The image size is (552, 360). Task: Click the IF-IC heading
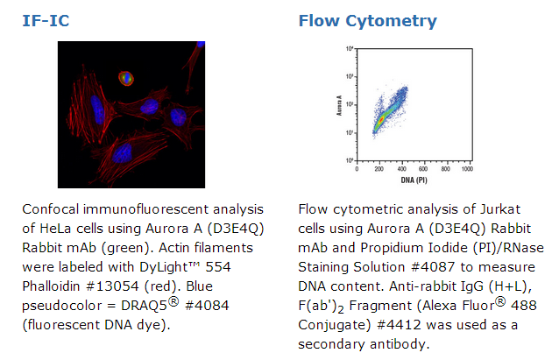pos(46,21)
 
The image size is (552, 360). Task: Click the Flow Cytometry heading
pos(367,21)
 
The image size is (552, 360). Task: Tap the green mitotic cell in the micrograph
pos(126,79)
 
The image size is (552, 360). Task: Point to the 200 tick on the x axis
pos(379,169)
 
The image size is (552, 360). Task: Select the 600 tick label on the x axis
pos(423,169)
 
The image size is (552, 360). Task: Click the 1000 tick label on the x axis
pos(467,169)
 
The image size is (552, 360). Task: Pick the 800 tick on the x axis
pos(445,169)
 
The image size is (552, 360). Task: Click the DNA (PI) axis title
pos(414,180)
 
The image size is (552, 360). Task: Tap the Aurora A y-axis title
pos(339,105)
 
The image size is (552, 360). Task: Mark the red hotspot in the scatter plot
pos(380,120)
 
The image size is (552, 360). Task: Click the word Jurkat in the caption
pos(500,209)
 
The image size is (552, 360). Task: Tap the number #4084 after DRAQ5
pos(207,306)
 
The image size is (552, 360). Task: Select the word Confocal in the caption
pos(50,209)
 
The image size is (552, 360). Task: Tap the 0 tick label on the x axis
pos(357,169)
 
